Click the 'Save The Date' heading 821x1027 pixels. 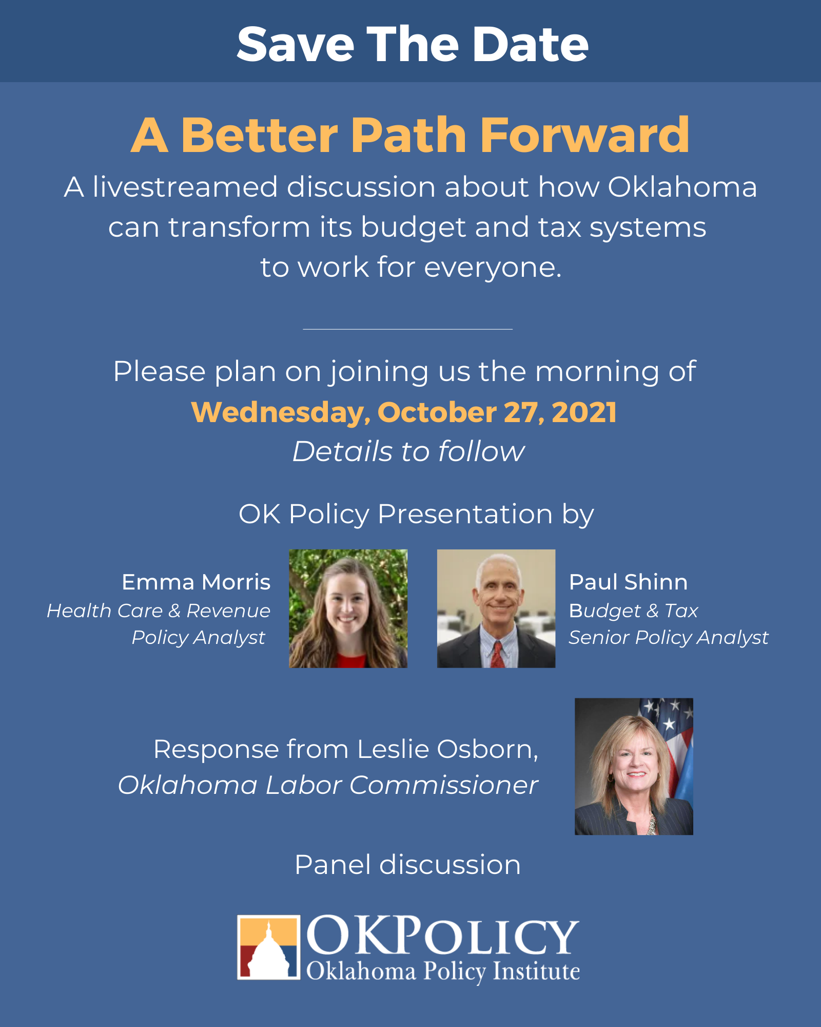coord(412,44)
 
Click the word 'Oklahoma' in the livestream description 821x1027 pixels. coord(682,186)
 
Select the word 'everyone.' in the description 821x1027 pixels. coord(493,268)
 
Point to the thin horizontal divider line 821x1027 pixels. coord(408,329)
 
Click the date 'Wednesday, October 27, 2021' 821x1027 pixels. coord(404,412)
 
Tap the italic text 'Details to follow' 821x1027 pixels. coord(408,451)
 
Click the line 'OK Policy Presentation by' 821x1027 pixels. coord(416,515)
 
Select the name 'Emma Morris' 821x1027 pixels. coord(196,582)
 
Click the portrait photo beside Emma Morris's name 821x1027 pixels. coord(348,608)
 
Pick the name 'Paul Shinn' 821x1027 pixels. coord(628,582)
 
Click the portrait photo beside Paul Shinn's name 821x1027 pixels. coord(496,608)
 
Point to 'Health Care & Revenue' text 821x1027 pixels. coord(159,611)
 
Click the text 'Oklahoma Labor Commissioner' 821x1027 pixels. coord(328,785)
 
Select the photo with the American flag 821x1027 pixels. coord(634,766)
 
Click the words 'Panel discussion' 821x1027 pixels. coord(408,865)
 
